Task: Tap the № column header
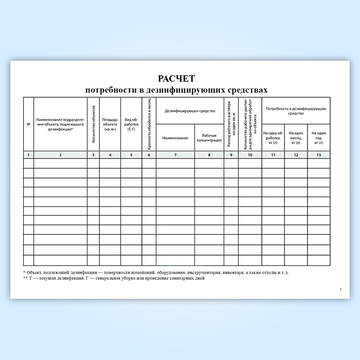(28, 124)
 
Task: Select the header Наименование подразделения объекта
(61, 124)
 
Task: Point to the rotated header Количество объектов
(94, 124)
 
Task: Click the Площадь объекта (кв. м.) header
(111, 124)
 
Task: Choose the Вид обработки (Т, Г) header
(131, 124)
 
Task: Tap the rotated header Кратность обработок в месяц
(149, 124)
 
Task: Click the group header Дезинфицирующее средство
(190, 110)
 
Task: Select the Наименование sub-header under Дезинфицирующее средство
(175, 138)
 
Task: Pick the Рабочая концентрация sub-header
(209, 138)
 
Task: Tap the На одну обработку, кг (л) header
(274, 137)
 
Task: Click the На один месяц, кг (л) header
(296, 137)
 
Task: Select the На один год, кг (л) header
(319, 137)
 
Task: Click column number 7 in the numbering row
(175, 155)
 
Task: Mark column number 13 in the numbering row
(319, 155)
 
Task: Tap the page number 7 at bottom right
(340, 290)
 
